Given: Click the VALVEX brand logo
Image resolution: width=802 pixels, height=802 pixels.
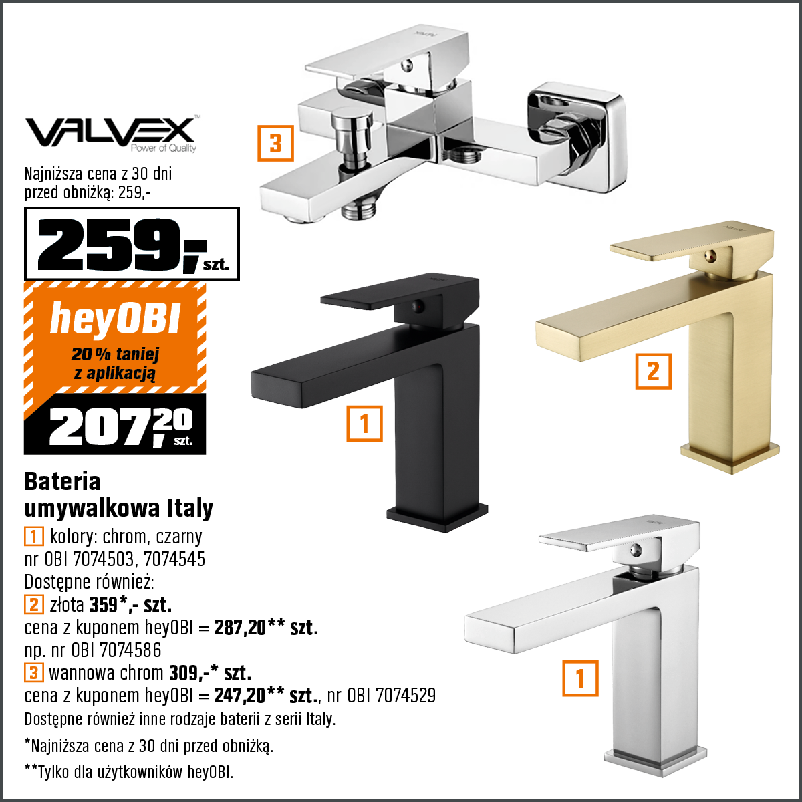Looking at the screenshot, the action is pos(112,133).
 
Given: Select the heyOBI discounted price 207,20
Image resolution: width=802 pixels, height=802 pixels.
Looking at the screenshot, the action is pos(121,427).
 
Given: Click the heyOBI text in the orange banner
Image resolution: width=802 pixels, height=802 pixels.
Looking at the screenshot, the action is pos(115,318).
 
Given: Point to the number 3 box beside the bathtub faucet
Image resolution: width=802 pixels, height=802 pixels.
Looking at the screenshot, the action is pos(275,143).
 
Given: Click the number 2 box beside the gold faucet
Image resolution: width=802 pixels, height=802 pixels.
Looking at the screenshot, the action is pos(653,371).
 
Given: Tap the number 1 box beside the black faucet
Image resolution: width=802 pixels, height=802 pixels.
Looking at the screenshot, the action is pos(365,423).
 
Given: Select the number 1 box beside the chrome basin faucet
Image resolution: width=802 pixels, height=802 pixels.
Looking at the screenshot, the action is pos(580,678).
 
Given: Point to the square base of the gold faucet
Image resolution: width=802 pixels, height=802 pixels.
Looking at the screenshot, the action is pos(730,458).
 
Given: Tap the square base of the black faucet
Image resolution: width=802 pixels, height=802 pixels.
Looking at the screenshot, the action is pos(436,518).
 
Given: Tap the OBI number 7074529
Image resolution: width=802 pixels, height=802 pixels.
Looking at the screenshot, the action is pos(406,696).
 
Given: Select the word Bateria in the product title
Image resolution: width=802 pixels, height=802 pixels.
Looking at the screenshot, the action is pos(62,481).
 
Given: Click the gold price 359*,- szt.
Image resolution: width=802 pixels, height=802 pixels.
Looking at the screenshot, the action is pos(131,605).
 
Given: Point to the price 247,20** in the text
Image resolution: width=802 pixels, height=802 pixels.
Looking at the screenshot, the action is pos(249,696).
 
